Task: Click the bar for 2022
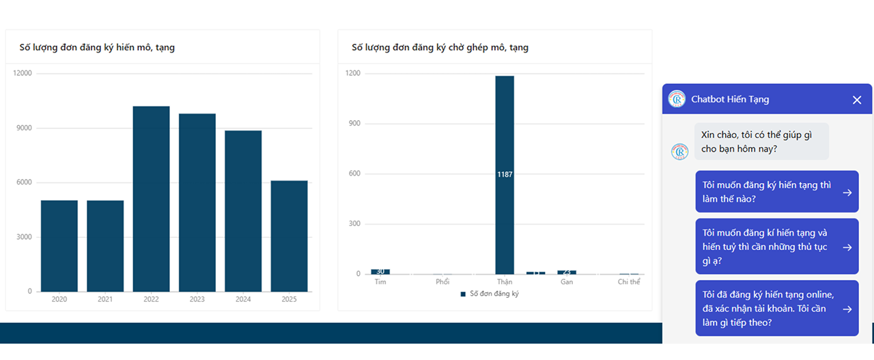151,199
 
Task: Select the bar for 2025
289,236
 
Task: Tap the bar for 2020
59,246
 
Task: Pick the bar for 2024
243,210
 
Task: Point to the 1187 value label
505,175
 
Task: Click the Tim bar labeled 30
380,271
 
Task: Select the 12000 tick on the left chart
23,73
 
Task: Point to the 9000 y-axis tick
23,128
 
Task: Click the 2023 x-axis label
197,299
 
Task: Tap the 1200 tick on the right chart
353,73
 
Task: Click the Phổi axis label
442,282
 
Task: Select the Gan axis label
567,282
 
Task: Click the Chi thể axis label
629,282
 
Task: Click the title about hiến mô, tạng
98,47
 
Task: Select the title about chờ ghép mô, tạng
440,47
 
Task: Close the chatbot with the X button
857,100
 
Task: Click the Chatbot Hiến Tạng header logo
677,99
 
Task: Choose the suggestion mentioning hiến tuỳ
776,247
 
